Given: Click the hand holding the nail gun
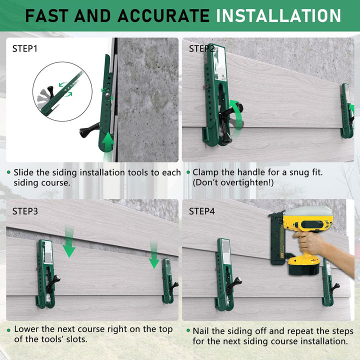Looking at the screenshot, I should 312,242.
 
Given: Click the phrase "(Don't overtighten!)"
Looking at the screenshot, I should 233,182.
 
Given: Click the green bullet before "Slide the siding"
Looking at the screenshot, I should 8,172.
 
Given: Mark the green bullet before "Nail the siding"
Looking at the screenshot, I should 188,331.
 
